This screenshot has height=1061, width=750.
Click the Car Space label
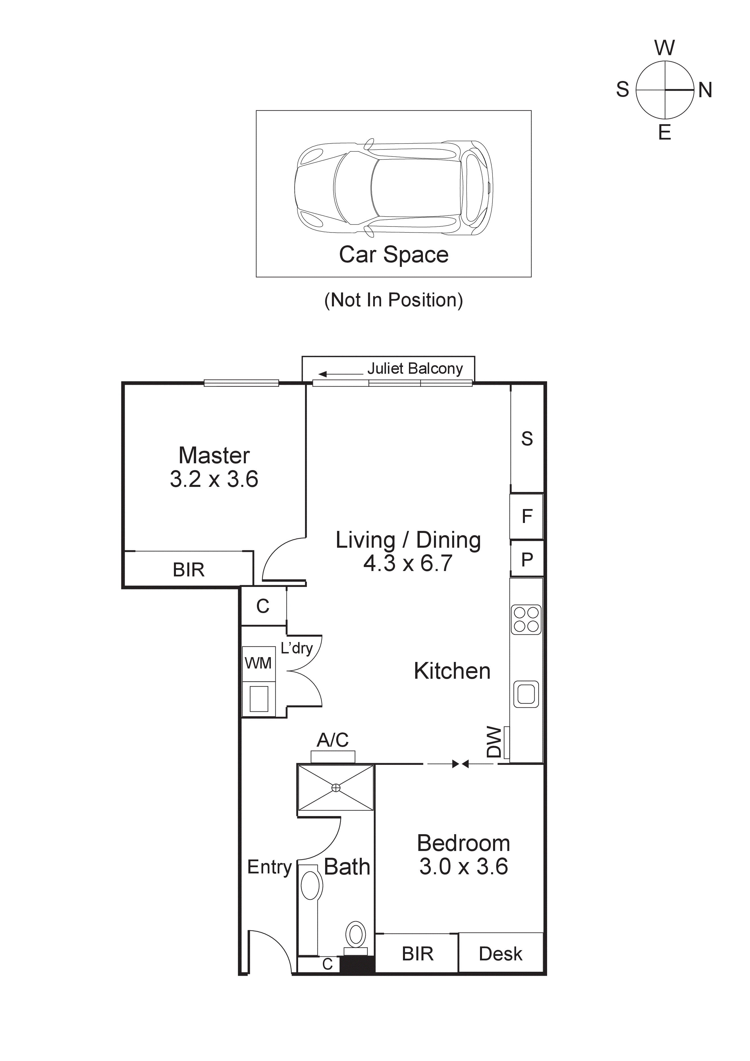394,255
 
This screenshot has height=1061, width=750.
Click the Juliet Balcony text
415,369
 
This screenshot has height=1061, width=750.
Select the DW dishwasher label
494,742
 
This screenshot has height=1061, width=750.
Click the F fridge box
527,516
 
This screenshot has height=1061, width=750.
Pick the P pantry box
527,560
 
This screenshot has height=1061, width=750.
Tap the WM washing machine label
258,663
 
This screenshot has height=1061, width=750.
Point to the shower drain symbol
336,788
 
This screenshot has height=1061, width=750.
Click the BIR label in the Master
188,570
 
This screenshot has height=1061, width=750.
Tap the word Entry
269,867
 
